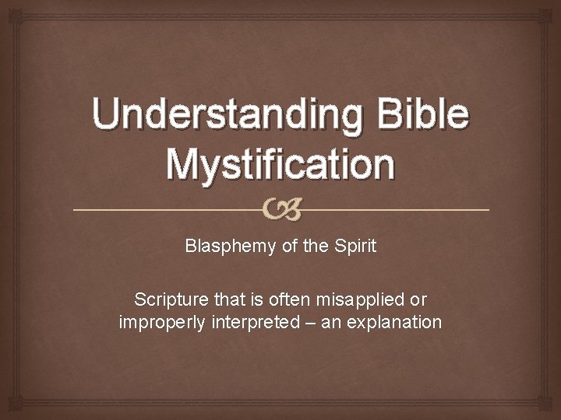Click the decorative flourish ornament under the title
(x=281, y=209)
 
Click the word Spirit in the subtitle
(x=355, y=247)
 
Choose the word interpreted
(x=252, y=321)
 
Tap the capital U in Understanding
(x=108, y=114)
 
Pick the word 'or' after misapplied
(x=418, y=299)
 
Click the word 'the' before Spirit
(x=316, y=247)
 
